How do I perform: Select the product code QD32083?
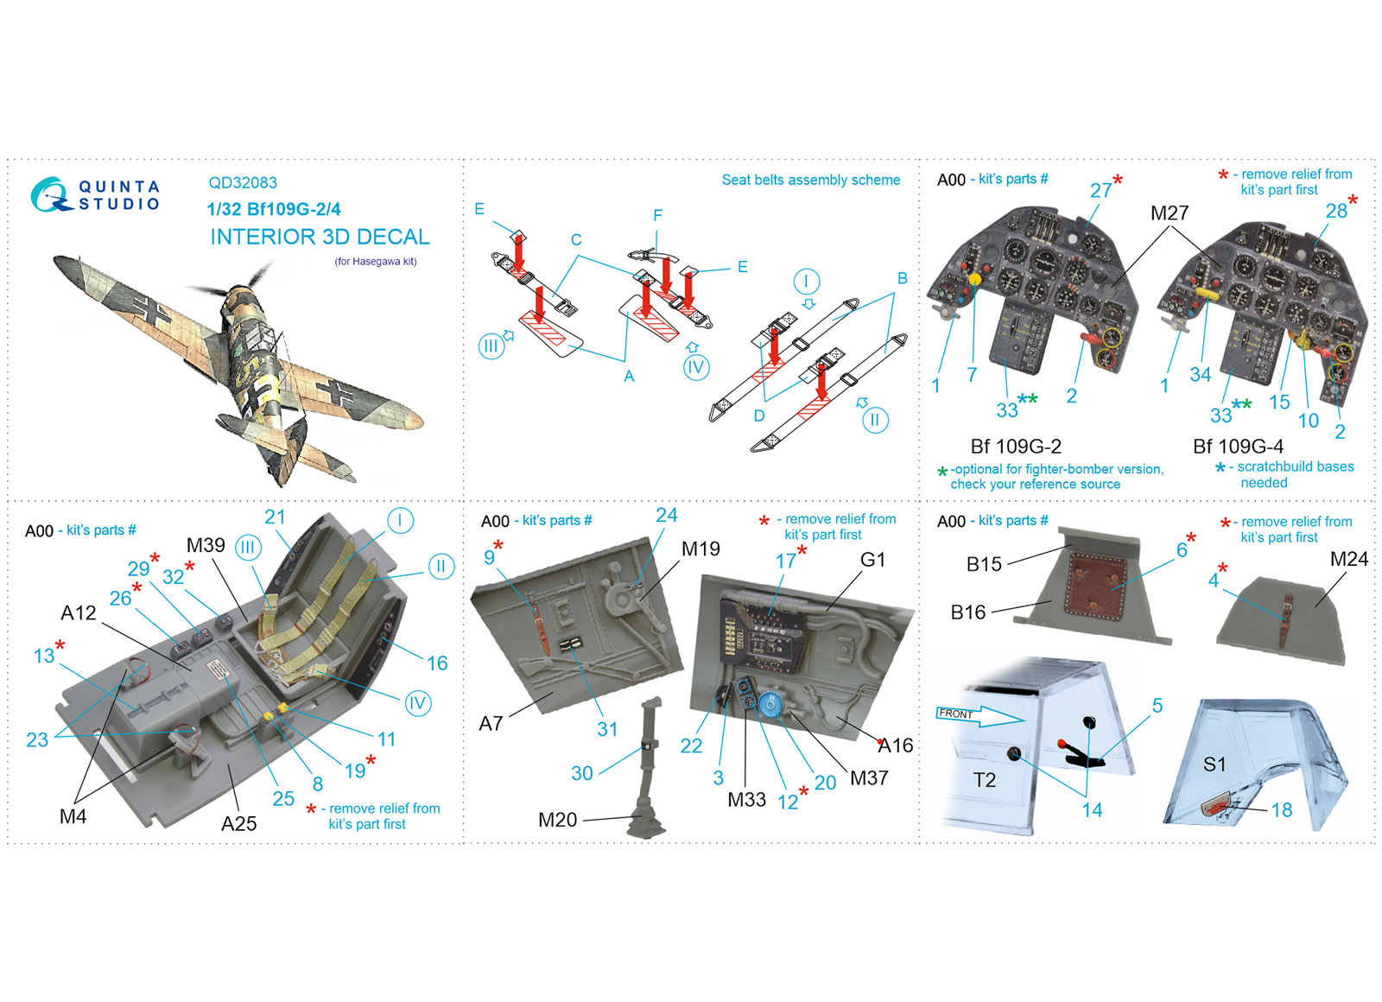point(243,182)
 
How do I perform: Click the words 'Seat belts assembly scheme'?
point(811,180)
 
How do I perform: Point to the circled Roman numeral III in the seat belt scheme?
point(491,346)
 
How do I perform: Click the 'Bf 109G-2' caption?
point(1016,446)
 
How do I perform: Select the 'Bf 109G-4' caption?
point(1238,446)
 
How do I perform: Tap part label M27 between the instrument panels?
point(1170,212)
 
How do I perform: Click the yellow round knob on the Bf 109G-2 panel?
point(975,280)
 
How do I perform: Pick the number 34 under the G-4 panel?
point(1200,375)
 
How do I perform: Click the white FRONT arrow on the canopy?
point(979,716)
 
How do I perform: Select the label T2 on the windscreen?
point(985,780)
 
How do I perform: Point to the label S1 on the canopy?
point(1214,764)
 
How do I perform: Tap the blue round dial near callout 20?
point(770,704)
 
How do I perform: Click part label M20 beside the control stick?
point(557,820)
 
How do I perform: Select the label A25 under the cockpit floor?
point(238,824)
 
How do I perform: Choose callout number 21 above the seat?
point(275,517)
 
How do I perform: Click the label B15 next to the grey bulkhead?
point(984,564)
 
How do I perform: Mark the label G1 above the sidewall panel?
point(872,560)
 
